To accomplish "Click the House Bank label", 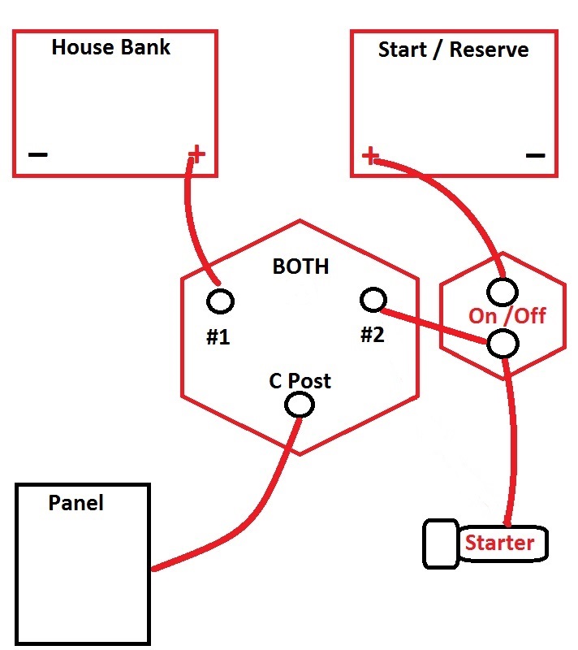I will click(x=111, y=47).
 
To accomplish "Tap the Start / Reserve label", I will click(x=453, y=50).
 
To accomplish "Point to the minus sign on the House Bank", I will click(x=38, y=154).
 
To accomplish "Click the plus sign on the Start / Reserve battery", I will click(x=370, y=155).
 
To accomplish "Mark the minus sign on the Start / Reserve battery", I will click(x=535, y=155).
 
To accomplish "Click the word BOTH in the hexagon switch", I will click(x=300, y=266).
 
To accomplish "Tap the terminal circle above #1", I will click(x=220, y=301).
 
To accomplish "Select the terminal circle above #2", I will click(x=372, y=300).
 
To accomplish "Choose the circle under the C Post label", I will click(x=300, y=404).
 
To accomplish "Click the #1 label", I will click(x=218, y=336).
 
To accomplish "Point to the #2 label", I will click(x=372, y=334).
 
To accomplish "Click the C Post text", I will click(x=300, y=380).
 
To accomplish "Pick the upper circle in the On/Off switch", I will click(x=503, y=290).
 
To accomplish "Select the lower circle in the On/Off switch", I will click(x=503, y=344).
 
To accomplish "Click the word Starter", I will click(x=499, y=543).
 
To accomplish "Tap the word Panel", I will click(x=76, y=503).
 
